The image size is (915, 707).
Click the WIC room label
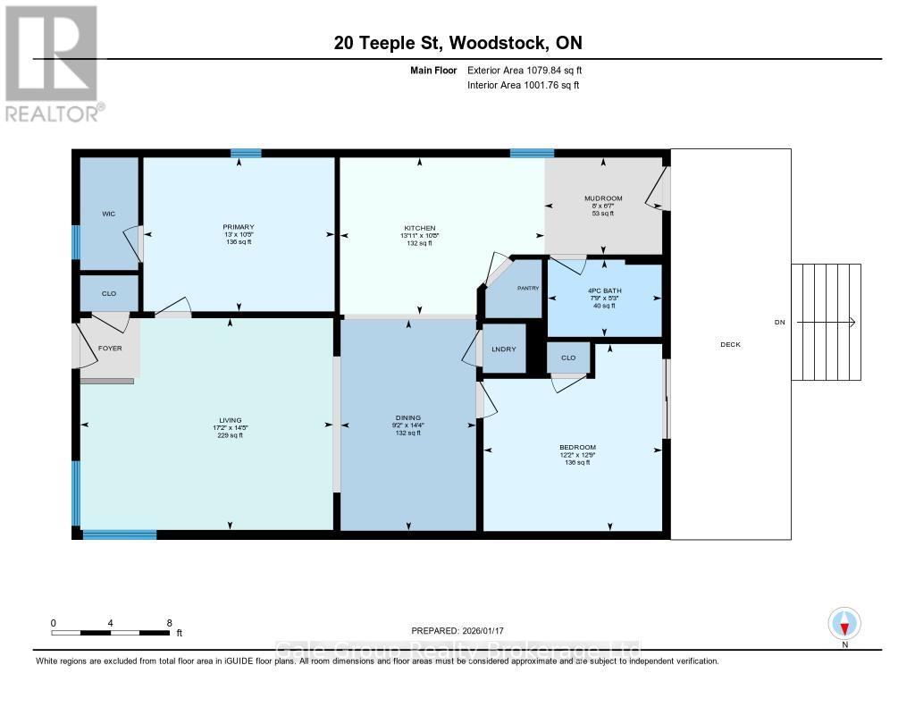click(x=108, y=214)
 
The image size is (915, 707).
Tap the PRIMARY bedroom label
click(x=239, y=227)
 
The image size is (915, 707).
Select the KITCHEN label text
click(x=419, y=229)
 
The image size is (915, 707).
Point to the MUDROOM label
click(x=603, y=198)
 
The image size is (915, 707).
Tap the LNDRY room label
click(x=504, y=349)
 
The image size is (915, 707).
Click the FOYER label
click(x=110, y=348)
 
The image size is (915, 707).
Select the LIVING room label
click(x=231, y=420)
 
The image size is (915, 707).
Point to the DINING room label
click(x=407, y=417)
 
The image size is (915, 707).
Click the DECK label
click(x=729, y=344)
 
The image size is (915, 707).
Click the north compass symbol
click(x=844, y=623)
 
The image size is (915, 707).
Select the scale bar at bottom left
click(x=111, y=633)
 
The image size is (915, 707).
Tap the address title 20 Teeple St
click(x=388, y=43)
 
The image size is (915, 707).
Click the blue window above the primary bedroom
click(x=246, y=153)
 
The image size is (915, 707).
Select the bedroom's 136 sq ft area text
click(x=577, y=463)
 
